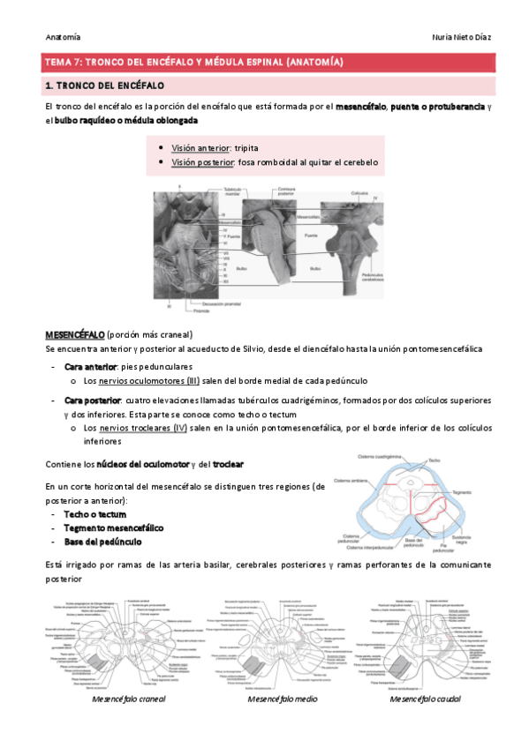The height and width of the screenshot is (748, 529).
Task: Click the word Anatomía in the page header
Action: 63,37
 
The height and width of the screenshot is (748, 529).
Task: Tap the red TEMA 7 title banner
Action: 264,62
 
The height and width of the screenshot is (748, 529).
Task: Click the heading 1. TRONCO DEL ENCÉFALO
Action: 104,86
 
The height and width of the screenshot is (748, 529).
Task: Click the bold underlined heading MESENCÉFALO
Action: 75,335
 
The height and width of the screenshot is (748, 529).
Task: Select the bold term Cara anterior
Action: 92,365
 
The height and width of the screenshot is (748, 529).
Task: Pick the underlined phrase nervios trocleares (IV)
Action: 143,428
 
